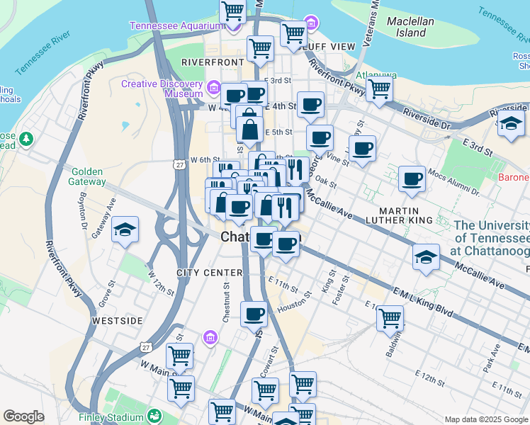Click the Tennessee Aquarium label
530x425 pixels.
[x=175, y=26]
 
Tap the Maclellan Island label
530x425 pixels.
[x=410, y=26]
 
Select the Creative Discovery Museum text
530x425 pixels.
[x=162, y=89]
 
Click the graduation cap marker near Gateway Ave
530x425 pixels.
[x=125, y=229]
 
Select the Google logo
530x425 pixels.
[x=23, y=416]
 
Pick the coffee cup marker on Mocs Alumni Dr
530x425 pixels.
[x=411, y=180]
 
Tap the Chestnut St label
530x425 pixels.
[x=225, y=305]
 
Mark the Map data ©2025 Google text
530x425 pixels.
[x=485, y=419]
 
